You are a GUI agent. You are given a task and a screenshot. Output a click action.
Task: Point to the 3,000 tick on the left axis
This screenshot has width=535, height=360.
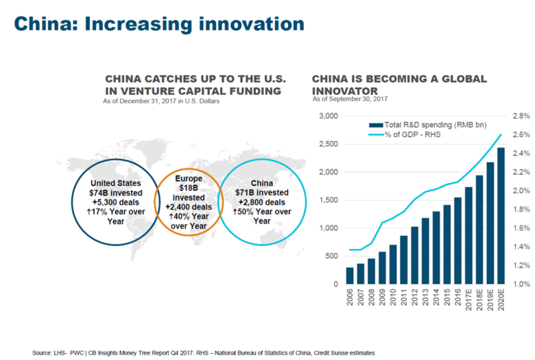click(329, 116)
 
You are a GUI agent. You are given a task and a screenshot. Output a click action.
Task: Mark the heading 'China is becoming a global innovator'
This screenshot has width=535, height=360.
click(399, 84)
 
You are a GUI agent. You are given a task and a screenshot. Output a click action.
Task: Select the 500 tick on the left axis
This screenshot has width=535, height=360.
click(331, 256)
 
